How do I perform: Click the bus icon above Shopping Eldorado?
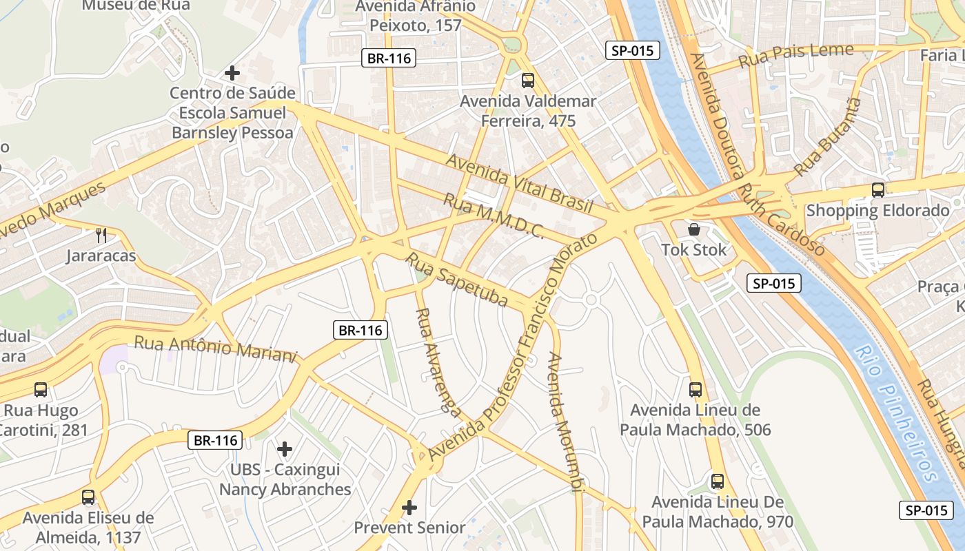[877, 190]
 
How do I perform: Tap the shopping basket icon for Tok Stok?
[694, 229]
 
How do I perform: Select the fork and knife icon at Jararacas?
[101, 236]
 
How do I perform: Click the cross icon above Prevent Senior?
[409, 508]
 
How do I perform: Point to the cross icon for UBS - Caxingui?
[285, 449]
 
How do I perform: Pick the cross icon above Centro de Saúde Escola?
[232, 72]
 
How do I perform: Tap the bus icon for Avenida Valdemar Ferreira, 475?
[528, 81]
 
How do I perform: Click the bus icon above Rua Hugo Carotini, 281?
[41, 390]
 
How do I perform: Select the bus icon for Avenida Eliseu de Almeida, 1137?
[88, 497]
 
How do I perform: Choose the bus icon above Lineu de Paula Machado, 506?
[695, 390]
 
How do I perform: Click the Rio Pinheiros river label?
[895, 413]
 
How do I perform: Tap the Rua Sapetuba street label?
[456, 280]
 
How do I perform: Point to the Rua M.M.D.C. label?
[493, 216]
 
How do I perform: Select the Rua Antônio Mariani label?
[215, 348]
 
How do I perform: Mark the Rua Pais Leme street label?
[796, 55]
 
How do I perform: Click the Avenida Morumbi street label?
[566, 423]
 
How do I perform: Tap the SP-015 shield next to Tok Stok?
[774, 283]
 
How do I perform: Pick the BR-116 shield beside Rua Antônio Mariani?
[360, 331]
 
